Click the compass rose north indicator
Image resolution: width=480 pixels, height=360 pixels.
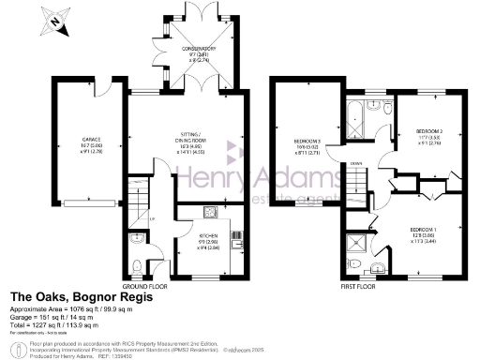pos(58,20)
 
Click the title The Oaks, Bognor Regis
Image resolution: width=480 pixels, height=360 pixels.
pos(73,297)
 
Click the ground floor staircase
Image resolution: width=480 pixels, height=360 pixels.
pos(140,200)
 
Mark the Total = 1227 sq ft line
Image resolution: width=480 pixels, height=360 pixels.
pos(62,323)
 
